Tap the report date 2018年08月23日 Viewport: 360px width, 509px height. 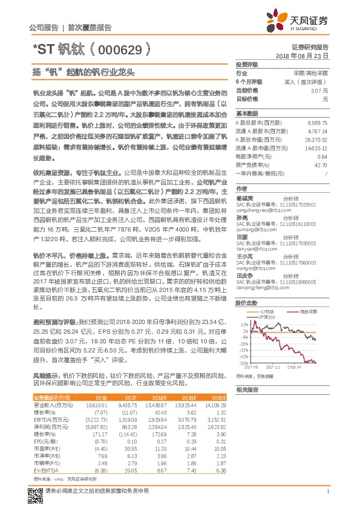[x=301, y=54]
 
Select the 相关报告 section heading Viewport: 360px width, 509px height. [x=247, y=389]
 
